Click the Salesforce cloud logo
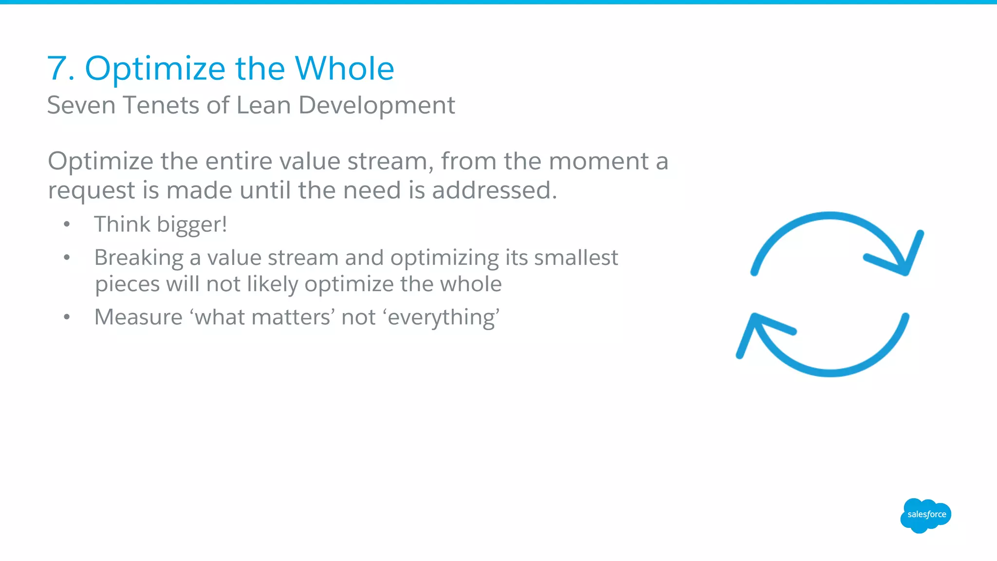point(925,515)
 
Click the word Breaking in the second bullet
point(138,258)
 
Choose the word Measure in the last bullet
point(138,317)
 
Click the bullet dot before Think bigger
point(67,224)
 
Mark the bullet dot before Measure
point(67,318)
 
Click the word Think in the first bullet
point(122,224)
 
